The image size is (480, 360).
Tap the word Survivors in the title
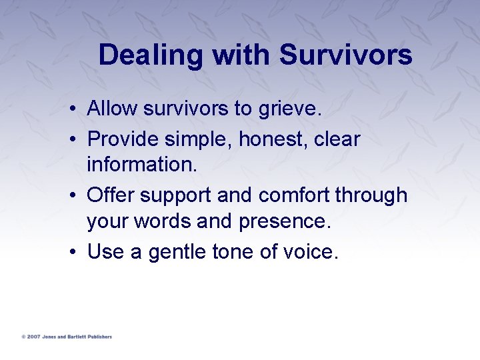tap(345, 55)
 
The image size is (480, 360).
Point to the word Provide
tap(121, 139)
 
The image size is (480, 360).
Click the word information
tap(141, 163)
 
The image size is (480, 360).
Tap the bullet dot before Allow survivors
tap(77, 109)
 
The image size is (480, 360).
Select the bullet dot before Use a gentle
tap(77, 253)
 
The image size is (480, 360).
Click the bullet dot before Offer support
tap(77, 196)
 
